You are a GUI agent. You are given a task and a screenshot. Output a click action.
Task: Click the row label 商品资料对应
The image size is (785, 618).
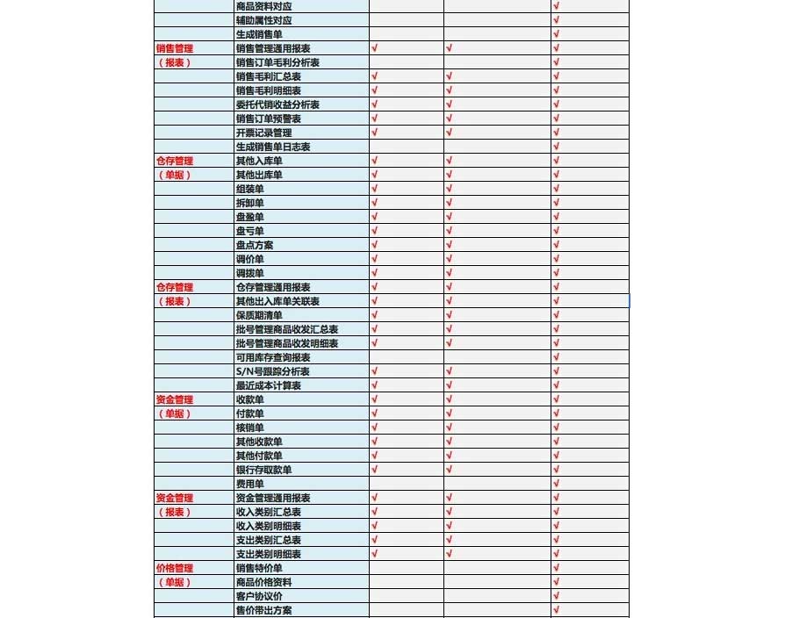[x=264, y=6]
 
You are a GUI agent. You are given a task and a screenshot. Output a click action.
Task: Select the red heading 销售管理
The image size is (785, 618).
[x=174, y=48]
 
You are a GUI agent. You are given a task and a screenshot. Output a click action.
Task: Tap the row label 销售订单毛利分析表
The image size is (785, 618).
[x=277, y=62]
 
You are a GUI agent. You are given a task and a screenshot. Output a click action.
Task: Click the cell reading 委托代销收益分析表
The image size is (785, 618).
[x=277, y=104]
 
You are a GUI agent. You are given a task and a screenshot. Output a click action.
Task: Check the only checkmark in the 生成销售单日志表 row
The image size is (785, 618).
[x=557, y=147]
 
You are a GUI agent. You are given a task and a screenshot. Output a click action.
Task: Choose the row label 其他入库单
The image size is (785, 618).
[x=259, y=161]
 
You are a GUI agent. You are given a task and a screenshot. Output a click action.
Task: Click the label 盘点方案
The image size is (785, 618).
[x=255, y=245]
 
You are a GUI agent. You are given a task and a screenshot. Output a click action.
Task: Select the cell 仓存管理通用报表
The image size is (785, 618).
[x=273, y=287]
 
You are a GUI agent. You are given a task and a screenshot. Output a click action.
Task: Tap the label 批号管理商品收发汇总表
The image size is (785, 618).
[x=287, y=329]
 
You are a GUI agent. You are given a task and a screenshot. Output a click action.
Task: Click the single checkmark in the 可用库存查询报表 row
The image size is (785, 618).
[x=557, y=357]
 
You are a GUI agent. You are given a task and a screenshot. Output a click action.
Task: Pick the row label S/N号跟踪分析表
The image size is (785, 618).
[x=272, y=371]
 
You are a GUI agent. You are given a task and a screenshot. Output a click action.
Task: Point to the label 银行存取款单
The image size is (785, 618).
[x=263, y=470]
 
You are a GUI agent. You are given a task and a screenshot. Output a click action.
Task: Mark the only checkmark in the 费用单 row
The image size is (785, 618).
[x=557, y=484]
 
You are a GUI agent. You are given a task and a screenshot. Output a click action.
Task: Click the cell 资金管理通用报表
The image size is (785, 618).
[x=273, y=498]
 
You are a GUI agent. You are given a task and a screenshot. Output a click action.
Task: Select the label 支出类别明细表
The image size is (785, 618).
[x=269, y=554]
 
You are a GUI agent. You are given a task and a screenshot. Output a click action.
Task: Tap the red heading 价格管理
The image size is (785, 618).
[x=174, y=568]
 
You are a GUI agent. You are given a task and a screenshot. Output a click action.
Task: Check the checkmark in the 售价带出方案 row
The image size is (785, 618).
[x=557, y=610]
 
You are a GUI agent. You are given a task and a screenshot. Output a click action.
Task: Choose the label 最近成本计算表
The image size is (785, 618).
[x=269, y=385]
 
